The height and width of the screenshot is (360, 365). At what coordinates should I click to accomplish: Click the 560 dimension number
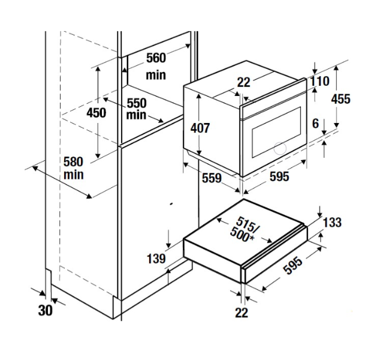(156, 58)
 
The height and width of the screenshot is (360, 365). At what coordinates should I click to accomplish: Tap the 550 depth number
(137, 103)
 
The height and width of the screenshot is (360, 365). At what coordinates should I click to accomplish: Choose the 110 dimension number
(319, 81)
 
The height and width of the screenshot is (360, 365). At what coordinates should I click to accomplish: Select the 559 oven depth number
(210, 178)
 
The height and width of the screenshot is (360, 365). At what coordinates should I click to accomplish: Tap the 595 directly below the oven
(279, 176)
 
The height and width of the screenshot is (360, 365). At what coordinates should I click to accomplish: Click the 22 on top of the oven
(243, 83)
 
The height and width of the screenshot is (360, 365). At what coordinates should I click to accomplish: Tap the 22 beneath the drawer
(242, 312)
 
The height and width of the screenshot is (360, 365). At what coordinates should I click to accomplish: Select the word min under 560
(156, 76)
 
